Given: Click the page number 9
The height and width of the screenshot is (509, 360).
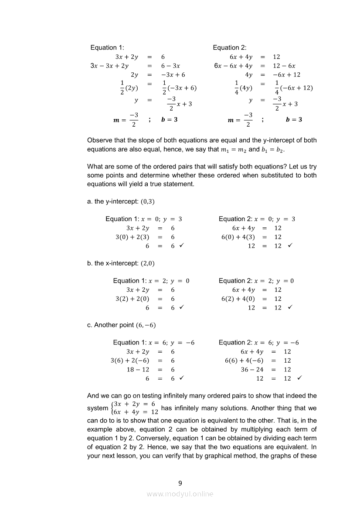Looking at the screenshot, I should click(x=180, y=483).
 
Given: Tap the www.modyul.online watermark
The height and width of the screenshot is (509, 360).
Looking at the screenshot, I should click(x=180, y=494).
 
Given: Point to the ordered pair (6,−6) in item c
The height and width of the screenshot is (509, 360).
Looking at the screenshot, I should click(x=146, y=325).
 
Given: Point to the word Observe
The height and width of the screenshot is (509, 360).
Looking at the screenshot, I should click(x=100, y=140).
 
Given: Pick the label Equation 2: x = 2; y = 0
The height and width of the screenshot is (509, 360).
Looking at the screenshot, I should click(x=256, y=281).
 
